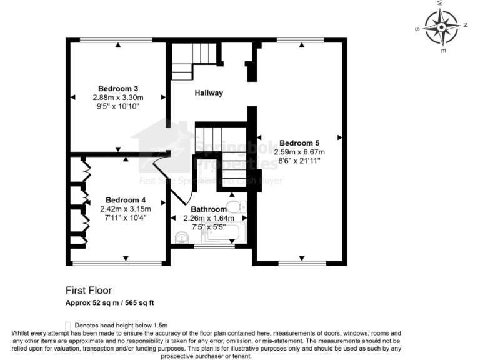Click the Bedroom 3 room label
(118, 88)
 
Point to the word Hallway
(209, 93)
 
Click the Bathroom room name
(209, 209)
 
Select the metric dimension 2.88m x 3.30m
(118, 97)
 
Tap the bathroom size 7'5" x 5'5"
(209, 227)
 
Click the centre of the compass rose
(442, 25)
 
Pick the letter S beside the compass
(417, 29)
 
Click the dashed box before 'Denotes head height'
(68, 326)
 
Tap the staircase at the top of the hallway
(185, 62)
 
